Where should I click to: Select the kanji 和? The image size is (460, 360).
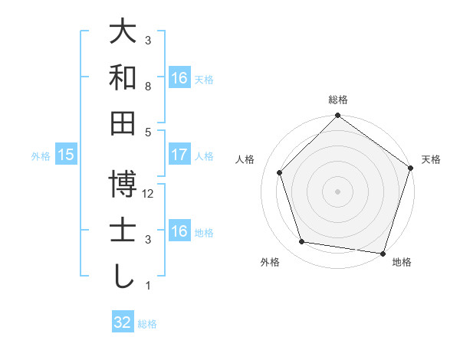[x=123, y=78]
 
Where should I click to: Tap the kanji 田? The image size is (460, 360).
[x=123, y=123]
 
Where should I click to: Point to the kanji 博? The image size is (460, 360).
[x=123, y=185]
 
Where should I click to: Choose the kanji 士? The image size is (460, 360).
[x=123, y=230]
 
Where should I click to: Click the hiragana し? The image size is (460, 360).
[x=123, y=276]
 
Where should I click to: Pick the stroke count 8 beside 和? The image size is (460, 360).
[x=148, y=86]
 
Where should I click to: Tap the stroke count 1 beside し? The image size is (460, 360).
[x=148, y=286]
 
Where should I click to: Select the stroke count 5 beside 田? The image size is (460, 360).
[x=148, y=131]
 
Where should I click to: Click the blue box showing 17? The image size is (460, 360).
[x=179, y=155]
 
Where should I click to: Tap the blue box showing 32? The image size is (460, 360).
[x=123, y=322]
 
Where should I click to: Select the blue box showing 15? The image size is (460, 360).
[x=66, y=155]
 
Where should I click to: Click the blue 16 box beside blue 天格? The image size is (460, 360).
[x=179, y=78]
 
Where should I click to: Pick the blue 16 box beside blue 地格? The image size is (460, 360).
[x=179, y=231]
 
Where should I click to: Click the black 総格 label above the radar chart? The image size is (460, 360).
[x=337, y=100]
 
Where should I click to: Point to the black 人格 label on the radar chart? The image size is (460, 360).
[x=246, y=159]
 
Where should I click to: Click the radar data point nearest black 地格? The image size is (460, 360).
[x=383, y=252]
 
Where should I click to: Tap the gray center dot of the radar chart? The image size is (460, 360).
[x=337, y=191]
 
